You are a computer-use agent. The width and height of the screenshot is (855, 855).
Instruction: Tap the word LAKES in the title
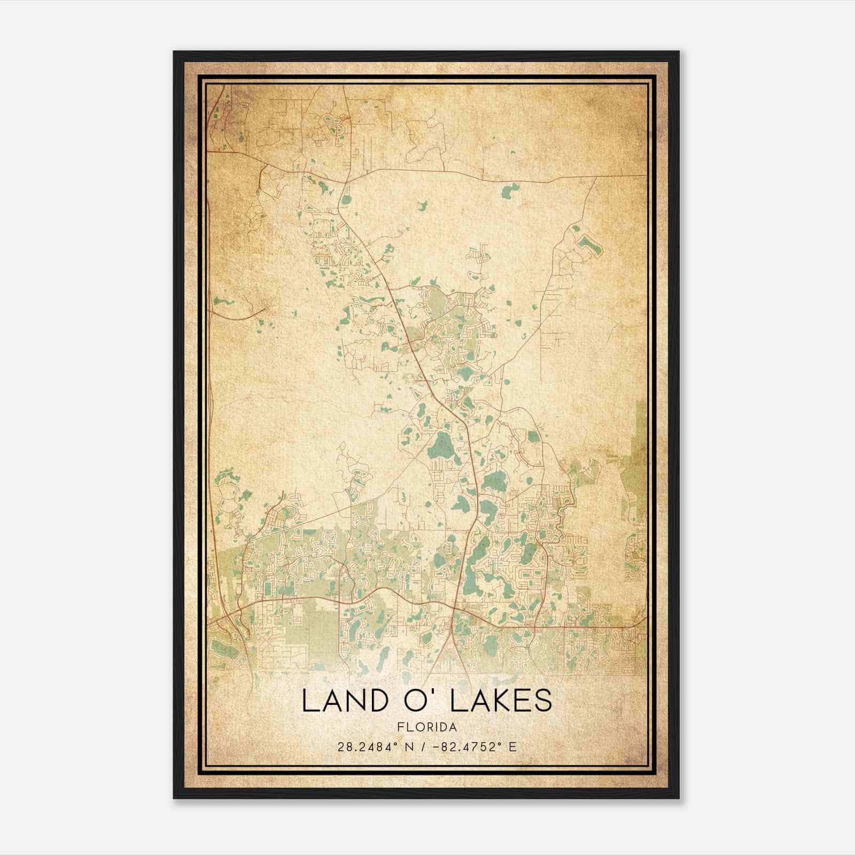pos(501,701)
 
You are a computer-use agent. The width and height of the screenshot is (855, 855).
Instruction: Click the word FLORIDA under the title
pos(427,727)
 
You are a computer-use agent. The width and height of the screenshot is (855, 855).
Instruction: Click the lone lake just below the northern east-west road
pos(510,190)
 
